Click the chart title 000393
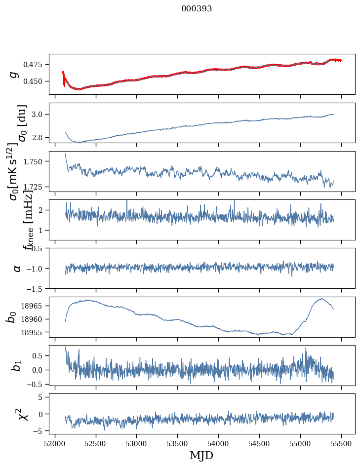point(197,9)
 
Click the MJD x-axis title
point(201,455)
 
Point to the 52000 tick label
point(55,443)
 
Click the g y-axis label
point(15,74)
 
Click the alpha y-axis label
point(17,268)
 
